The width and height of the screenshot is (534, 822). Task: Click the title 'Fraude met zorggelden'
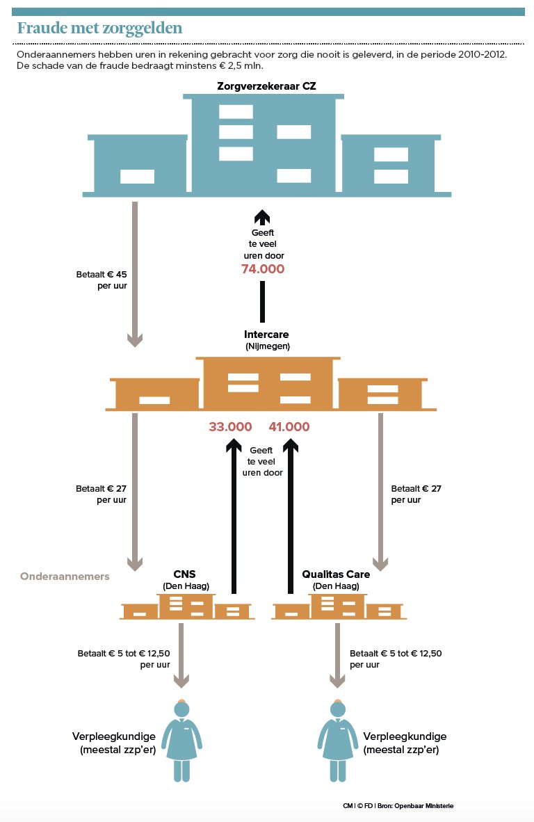pyautogui.click(x=99, y=28)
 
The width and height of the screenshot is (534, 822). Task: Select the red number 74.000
pyautogui.click(x=263, y=269)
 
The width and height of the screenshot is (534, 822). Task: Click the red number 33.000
pyautogui.click(x=229, y=427)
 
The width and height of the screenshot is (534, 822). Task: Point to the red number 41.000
pyautogui.click(x=289, y=427)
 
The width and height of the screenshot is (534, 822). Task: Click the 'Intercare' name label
pyautogui.click(x=266, y=335)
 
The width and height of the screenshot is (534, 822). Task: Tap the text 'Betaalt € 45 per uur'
pyautogui.click(x=102, y=280)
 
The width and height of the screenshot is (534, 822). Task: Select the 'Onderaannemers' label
pyautogui.click(x=65, y=577)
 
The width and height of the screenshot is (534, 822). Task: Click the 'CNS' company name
pyautogui.click(x=186, y=574)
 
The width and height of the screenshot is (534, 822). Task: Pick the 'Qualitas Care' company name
pyautogui.click(x=336, y=574)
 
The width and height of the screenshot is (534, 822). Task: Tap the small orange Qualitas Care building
pyautogui.click(x=339, y=607)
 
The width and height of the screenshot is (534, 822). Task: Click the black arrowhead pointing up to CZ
pyautogui.click(x=262, y=216)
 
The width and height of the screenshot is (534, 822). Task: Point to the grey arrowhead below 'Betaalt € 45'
pyautogui.click(x=135, y=339)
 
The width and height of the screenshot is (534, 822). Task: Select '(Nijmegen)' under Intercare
pyautogui.click(x=267, y=346)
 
